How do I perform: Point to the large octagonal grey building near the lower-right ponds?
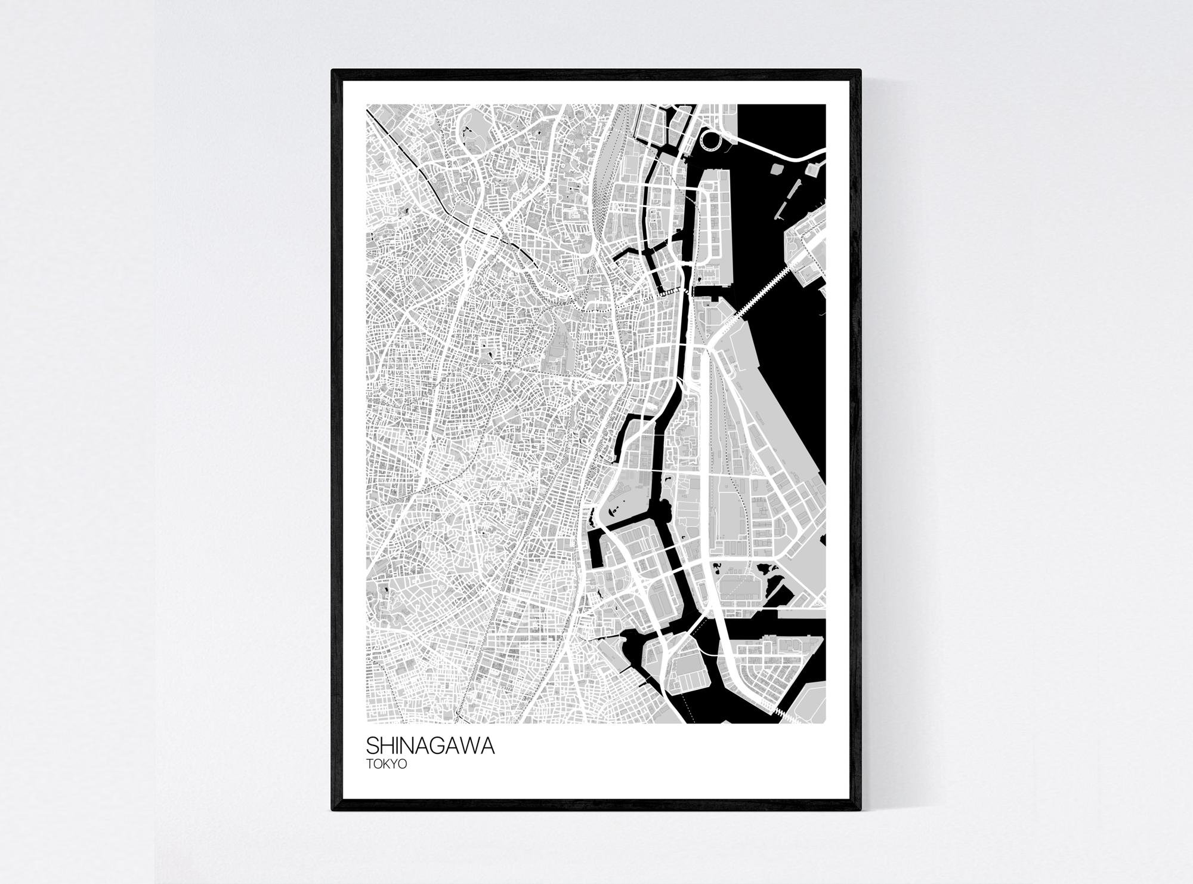pos(740,579)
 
